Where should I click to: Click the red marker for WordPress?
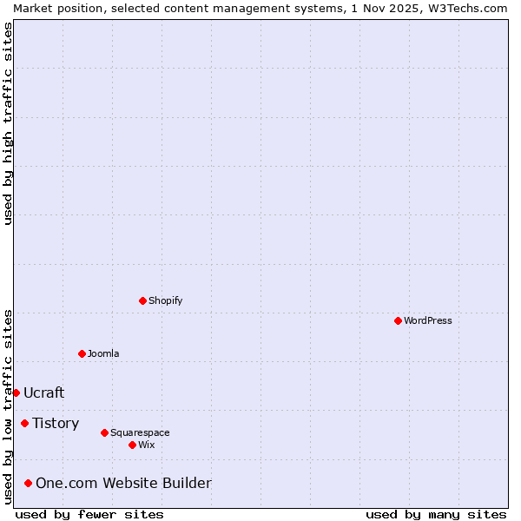coord(398,320)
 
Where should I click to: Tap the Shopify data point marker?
coord(142,300)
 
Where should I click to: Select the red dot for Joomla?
coord(82,353)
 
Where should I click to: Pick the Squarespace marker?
coord(104,432)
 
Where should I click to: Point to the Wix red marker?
coord(132,445)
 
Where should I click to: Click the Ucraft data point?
coord(16,392)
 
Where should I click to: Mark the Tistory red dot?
coord(24,423)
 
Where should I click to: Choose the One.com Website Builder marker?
coord(28,483)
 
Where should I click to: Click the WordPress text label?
coord(428,320)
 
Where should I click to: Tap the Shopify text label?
coord(166,300)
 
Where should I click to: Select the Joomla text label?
coord(103,353)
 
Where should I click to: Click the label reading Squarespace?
coord(140,432)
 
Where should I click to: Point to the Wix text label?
coord(147,445)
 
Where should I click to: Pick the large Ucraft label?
coord(44,392)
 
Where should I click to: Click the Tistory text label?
coord(56,423)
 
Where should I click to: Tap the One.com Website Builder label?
coord(123,483)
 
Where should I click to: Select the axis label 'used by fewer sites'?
coord(89,514)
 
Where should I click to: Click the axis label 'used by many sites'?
coord(436,514)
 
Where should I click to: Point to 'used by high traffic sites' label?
coord(8,123)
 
